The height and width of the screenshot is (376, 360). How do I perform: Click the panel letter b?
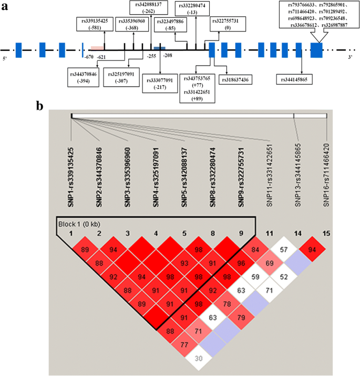40,105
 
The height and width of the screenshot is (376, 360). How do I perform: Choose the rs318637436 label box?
243,79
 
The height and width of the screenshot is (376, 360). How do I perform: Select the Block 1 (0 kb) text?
78,225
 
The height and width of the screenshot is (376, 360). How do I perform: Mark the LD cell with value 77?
184,344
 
